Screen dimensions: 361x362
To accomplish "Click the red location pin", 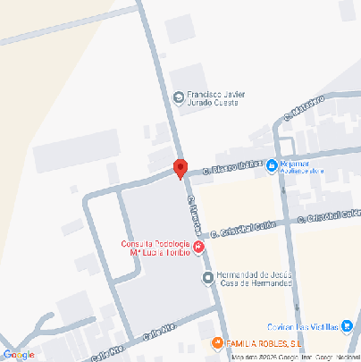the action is tap(180, 168).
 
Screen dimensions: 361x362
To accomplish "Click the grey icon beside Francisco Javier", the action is tap(179, 96).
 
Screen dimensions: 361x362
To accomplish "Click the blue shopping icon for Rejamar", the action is tap(273, 165).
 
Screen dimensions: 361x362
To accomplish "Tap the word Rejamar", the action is tap(294, 164).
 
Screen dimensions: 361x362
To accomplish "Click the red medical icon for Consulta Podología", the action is tap(198, 247).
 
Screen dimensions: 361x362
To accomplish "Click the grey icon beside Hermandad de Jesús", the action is tap(209, 278).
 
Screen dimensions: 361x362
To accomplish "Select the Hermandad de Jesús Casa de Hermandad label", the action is tap(256, 279).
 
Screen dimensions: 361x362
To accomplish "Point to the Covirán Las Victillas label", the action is tap(304, 326).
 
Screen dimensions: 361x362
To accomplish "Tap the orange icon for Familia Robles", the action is tap(215, 344).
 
